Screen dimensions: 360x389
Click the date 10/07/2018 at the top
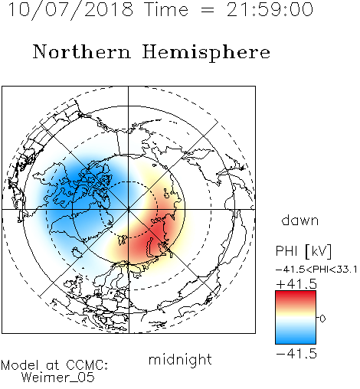point(70,9)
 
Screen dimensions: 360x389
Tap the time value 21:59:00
point(270,9)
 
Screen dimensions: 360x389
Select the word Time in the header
point(166,9)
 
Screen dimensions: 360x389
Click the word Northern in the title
point(82,51)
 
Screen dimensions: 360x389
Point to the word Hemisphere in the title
point(206,53)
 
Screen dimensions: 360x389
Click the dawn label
point(300,220)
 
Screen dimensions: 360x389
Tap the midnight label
point(180,359)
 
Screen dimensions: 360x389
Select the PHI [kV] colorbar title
point(303,251)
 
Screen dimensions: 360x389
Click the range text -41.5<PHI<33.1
point(316,270)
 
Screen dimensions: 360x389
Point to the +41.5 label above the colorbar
point(296,284)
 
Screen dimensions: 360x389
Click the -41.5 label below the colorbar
point(296,354)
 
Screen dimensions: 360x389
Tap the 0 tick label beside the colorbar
point(322,319)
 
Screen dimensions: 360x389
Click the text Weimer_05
point(58,377)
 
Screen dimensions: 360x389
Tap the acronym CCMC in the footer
point(86,365)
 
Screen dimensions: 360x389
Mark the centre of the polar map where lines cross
point(128,209)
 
